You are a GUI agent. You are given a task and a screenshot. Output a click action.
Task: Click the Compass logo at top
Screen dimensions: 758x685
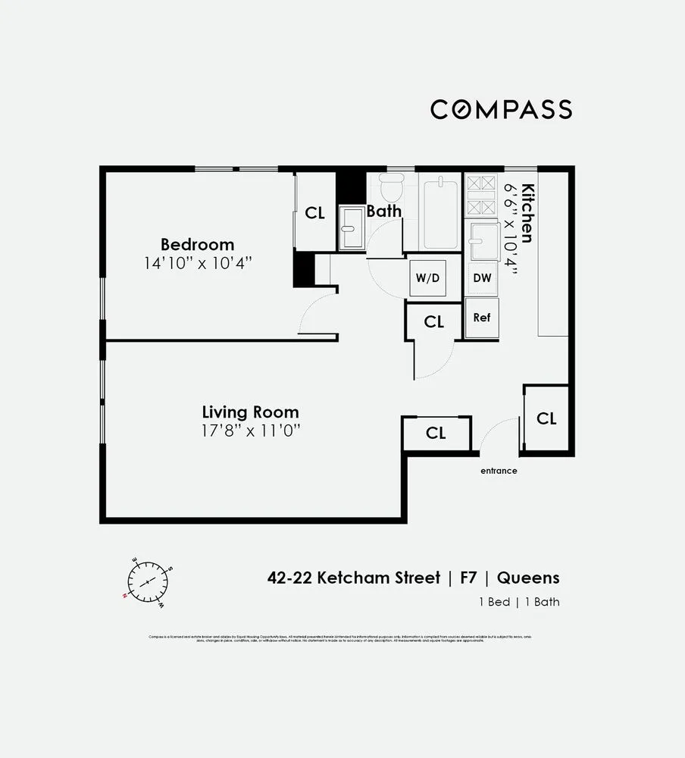501,109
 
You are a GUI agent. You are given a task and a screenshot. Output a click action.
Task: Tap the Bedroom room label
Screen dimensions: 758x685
197,245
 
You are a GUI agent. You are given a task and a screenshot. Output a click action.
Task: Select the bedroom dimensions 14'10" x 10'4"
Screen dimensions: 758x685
197,264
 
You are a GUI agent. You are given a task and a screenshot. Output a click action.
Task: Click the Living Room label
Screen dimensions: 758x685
250,412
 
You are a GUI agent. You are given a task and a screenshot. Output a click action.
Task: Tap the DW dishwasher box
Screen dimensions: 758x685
482,278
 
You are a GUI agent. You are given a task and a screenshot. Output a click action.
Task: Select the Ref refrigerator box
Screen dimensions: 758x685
482,318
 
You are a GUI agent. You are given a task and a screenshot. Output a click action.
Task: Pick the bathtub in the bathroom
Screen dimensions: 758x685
439,213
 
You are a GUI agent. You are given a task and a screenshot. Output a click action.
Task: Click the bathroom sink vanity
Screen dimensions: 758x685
351,227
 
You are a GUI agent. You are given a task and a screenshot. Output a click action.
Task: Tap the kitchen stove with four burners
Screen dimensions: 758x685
480,196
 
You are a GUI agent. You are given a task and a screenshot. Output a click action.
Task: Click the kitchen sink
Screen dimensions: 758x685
481,241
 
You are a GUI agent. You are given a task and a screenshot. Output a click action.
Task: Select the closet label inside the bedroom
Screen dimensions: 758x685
314,213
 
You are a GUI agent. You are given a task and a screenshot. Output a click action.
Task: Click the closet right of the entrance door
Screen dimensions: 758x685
546,418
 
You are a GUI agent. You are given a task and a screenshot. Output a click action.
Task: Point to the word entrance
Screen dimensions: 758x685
499,471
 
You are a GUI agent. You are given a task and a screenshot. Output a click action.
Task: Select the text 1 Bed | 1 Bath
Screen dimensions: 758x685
520,602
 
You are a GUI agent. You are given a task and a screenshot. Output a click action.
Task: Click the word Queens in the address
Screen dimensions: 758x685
528,578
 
